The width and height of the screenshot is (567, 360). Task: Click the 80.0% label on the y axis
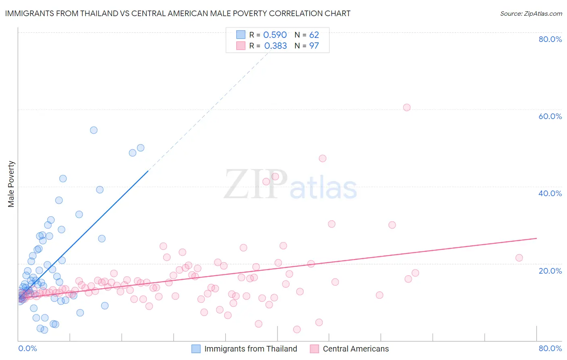coord(550,39)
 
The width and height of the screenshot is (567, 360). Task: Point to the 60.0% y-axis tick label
coord(550,116)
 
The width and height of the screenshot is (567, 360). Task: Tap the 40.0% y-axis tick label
coord(550,193)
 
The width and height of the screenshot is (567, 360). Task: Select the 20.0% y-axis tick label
coord(550,271)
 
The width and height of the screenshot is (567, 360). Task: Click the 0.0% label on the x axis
coord(27,348)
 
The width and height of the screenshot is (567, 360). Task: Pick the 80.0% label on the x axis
coord(550,348)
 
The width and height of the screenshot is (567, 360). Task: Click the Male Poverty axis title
coord(11,184)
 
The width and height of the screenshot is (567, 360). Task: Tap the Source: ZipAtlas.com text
coord(531,13)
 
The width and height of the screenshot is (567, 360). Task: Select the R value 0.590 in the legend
coord(275,35)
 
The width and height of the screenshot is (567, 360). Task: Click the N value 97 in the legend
coord(314,46)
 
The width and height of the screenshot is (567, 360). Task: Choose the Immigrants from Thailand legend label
coord(250,349)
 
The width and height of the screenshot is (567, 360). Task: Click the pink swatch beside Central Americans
coord(315,349)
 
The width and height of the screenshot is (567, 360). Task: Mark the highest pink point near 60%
coord(406,107)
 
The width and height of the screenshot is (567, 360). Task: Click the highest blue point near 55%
coord(94,130)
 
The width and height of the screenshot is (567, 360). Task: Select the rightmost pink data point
coord(519,258)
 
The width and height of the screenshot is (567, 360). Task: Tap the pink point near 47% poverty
coord(322,158)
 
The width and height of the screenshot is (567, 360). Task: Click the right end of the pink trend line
coord(536,238)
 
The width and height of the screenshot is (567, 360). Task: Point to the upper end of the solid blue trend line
coord(148,171)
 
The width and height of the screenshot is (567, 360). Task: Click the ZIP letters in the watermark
coord(256,184)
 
